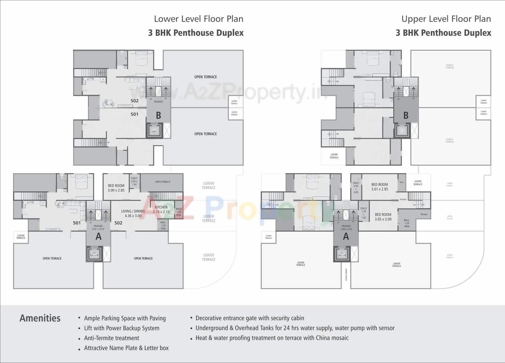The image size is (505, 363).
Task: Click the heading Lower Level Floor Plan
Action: (x=198, y=19)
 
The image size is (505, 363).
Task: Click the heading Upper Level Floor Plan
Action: (x=446, y=19)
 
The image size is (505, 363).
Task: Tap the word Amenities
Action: (x=40, y=318)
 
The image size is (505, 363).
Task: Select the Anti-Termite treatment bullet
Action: (x=111, y=338)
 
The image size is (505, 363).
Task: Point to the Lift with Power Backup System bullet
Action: (x=122, y=328)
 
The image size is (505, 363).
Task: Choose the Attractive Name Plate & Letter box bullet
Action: (x=126, y=348)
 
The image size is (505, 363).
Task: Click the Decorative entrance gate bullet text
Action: (x=250, y=318)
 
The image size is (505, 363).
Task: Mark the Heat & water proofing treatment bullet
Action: (x=272, y=338)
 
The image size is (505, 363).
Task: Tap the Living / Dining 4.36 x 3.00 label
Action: (x=133, y=213)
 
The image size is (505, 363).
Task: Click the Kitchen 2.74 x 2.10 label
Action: (x=161, y=209)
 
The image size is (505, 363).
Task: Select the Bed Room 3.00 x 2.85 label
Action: (x=116, y=188)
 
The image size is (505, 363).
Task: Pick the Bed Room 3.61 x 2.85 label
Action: (x=380, y=187)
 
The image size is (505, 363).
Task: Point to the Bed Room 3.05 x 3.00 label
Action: (x=383, y=217)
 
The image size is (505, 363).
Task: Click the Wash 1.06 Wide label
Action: (x=179, y=212)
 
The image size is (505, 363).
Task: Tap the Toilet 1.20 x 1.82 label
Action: (x=363, y=213)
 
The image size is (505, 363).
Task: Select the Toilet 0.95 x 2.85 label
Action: (x=356, y=187)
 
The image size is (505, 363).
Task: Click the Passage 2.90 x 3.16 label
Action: (x=346, y=227)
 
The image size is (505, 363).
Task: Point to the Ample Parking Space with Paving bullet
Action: (x=125, y=319)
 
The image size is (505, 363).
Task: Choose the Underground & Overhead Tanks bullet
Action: (x=295, y=328)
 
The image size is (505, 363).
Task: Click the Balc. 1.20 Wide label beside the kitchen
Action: (x=164, y=225)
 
